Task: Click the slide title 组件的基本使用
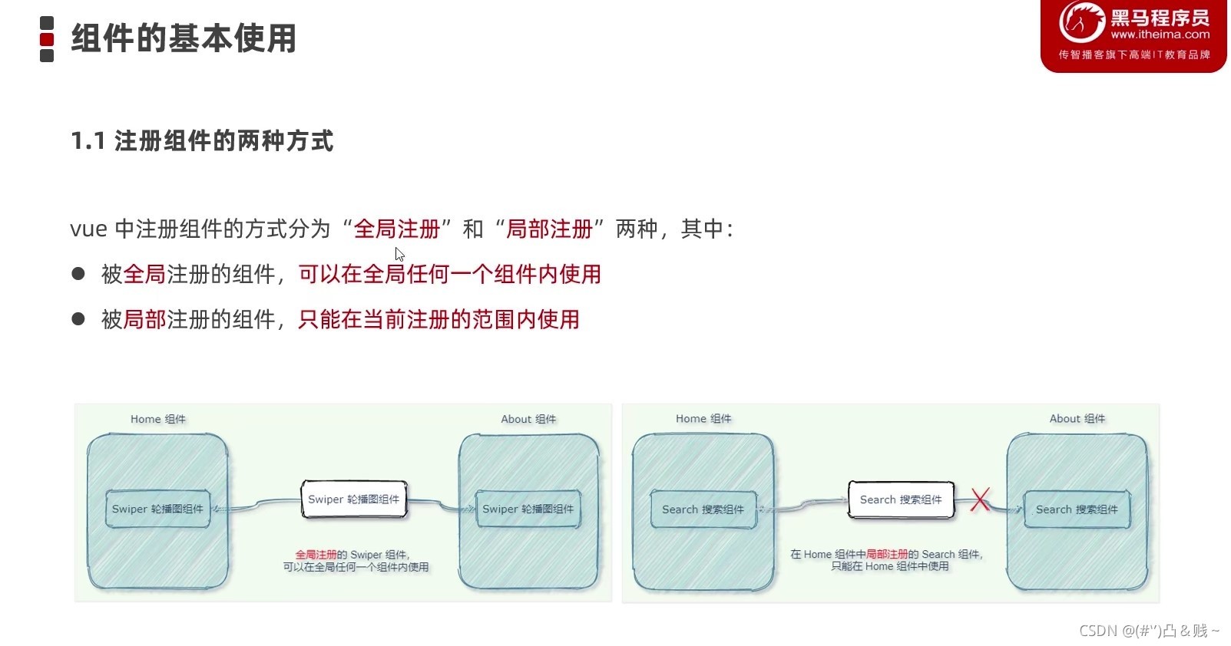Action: coord(184,38)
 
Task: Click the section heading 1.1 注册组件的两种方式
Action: coord(202,141)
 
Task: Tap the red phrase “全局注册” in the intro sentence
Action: coord(397,229)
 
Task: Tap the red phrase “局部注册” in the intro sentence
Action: coord(549,229)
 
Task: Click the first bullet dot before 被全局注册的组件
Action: coord(78,273)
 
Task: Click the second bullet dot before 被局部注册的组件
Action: coord(78,318)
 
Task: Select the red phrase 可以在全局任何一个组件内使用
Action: coord(449,274)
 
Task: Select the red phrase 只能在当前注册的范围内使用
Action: coord(438,319)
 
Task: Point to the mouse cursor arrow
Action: coord(399,254)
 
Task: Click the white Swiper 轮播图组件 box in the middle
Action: coord(354,499)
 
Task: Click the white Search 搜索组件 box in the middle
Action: coord(901,499)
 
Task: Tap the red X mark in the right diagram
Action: coord(980,499)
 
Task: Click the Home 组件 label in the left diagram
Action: coord(157,420)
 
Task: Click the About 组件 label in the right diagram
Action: coord(1077,419)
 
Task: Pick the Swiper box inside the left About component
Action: coord(528,509)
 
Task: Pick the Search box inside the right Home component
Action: coord(703,509)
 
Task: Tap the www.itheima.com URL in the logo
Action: coord(1160,35)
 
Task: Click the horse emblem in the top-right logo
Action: coord(1081,22)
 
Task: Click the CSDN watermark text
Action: coord(1149,631)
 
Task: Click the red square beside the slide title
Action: coord(47,39)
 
